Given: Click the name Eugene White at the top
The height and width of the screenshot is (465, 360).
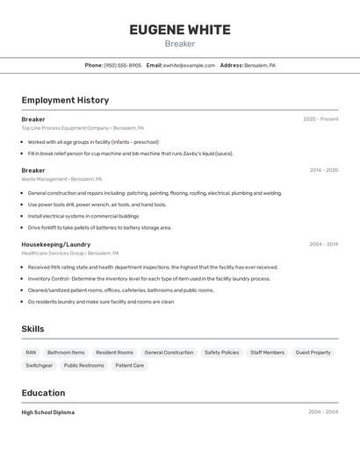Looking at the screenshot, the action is [180, 30].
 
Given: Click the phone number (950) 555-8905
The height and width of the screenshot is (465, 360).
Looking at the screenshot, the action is [122, 65].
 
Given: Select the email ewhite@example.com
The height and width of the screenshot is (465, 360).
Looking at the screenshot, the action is [189, 65].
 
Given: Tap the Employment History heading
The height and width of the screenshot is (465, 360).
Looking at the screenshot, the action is [65, 100].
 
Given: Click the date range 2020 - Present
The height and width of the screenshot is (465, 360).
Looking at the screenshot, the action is [320, 119].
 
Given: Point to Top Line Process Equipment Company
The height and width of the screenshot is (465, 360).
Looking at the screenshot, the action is [66, 128].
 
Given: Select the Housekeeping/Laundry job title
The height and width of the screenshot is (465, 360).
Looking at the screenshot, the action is [56, 244].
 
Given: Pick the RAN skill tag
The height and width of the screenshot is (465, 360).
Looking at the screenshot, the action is [31, 353].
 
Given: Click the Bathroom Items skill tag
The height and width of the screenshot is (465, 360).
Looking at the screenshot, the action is [66, 353].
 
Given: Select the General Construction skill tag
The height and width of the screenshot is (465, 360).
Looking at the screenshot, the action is [169, 353].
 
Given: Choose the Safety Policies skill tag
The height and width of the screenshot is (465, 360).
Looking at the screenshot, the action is [221, 353].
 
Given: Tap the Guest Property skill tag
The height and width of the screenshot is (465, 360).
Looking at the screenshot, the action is [313, 353].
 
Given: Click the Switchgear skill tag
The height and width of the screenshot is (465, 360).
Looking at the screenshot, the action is [39, 365].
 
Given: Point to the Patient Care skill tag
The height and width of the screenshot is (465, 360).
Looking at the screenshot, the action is [129, 365].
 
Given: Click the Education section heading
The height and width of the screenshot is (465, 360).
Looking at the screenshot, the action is [43, 393].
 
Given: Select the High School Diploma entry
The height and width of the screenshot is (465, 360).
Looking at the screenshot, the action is [48, 412].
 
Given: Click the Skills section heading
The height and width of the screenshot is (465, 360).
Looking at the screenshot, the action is [32, 329].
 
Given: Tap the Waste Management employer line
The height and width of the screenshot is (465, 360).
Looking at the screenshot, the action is [44, 179].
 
